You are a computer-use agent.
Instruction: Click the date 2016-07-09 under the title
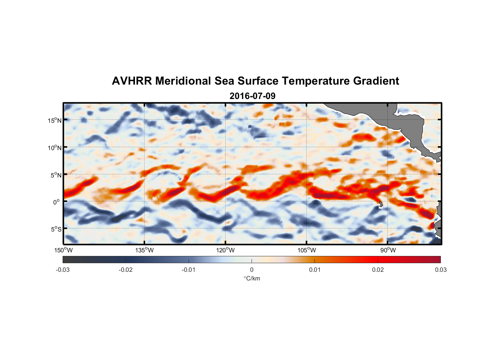click(252, 96)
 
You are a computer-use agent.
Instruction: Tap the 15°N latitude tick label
click(55, 120)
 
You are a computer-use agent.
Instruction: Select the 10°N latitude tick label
click(55, 148)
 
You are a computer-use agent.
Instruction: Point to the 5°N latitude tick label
click(56, 175)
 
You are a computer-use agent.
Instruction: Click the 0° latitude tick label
click(57, 202)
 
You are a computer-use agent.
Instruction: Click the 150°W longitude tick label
click(63, 250)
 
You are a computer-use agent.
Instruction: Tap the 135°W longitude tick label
click(145, 250)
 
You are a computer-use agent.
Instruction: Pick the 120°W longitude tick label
click(226, 250)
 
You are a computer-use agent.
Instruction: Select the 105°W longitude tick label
click(307, 250)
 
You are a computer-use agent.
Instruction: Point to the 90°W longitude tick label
click(388, 250)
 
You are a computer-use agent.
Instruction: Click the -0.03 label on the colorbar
click(63, 270)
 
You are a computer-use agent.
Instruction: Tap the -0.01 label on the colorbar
click(189, 270)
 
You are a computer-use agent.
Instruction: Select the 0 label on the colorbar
click(252, 270)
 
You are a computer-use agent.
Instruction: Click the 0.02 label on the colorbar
click(378, 270)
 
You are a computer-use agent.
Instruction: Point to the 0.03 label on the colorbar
click(440, 270)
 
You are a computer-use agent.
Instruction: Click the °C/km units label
click(252, 278)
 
